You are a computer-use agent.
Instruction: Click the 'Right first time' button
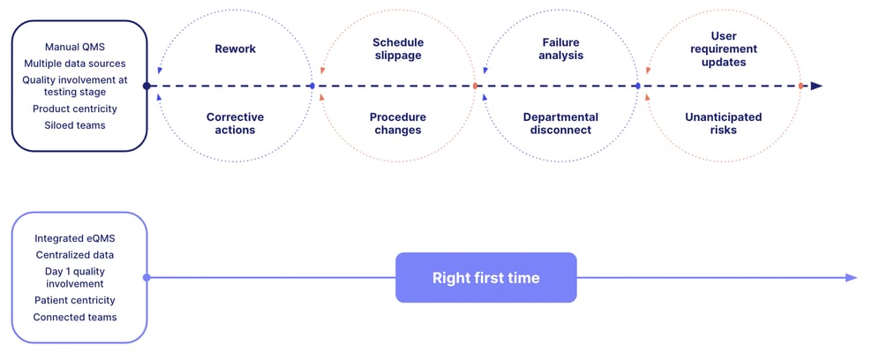pyautogui.click(x=485, y=278)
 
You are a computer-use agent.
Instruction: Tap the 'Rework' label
pyautogui.click(x=235, y=49)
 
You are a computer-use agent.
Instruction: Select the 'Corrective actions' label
pyautogui.click(x=235, y=124)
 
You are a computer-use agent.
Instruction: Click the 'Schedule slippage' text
pyautogui.click(x=397, y=49)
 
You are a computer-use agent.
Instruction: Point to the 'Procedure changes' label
pyautogui.click(x=397, y=124)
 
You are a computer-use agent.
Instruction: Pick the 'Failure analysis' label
pyautogui.click(x=561, y=49)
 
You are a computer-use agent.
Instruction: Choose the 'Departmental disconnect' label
pyautogui.click(x=560, y=124)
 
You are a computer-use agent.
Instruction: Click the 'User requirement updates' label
pyautogui.click(x=724, y=49)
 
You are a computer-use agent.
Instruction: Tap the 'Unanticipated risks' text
pyautogui.click(x=724, y=124)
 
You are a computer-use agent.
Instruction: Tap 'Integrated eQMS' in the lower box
pyautogui.click(x=75, y=238)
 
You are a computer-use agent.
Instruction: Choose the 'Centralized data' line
pyautogui.click(x=75, y=255)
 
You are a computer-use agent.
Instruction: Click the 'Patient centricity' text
pyautogui.click(x=75, y=301)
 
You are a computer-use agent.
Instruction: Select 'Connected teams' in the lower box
pyautogui.click(x=75, y=317)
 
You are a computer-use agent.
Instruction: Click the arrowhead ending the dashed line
pyautogui.click(x=816, y=86)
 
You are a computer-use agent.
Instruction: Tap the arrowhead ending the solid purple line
pyautogui.click(x=851, y=278)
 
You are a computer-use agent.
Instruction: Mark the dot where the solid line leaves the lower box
pyautogui.click(x=146, y=278)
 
